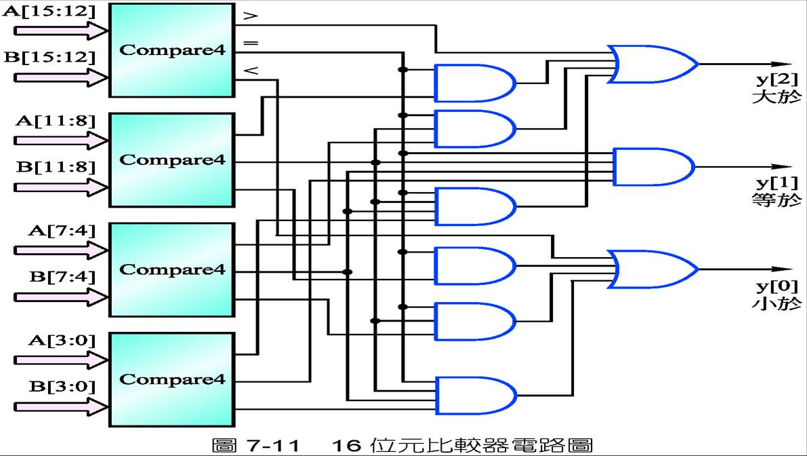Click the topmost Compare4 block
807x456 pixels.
click(171, 50)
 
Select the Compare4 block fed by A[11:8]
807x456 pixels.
click(171, 160)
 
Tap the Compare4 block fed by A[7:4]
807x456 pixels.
click(171, 269)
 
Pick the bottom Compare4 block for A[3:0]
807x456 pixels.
click(171, 379)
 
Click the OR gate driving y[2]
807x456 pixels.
click(650, 64)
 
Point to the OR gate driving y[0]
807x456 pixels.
click(650, 269)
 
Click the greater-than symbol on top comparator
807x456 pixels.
click(250, 14)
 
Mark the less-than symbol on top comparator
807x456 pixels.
click(250, 70)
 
